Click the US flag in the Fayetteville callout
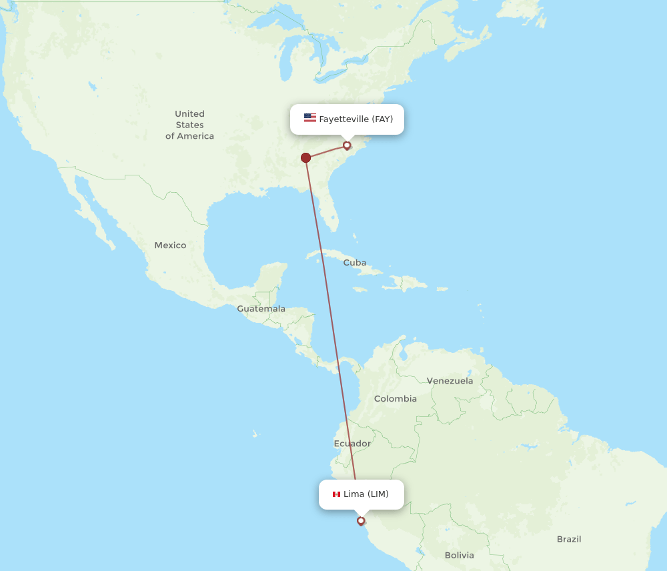click(310, 118)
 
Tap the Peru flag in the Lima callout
click(336, 494)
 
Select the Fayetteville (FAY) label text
click(356, 119)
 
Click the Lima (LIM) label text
click(366, 494)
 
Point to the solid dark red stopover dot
click(305, 157)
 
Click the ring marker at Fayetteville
click(347, 145)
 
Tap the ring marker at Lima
click(361, 520)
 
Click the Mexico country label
click(170, 245)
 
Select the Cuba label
click(354, 263)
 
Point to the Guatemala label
click(261, 309)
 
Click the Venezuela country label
click(450, 381)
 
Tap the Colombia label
click(395, 399)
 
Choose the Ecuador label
click(352, 444)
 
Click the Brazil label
click(569, 539)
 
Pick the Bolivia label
click(459, 555)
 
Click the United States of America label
click(189, 125)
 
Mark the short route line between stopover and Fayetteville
click(326, 151)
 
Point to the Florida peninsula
click(326, 210)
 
